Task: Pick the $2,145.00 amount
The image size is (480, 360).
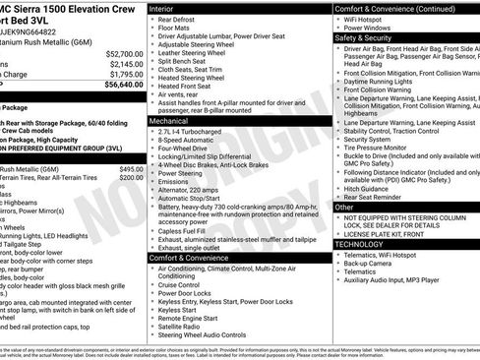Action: tap(128, 64)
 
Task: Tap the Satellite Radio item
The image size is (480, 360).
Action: tap(186, 326)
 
